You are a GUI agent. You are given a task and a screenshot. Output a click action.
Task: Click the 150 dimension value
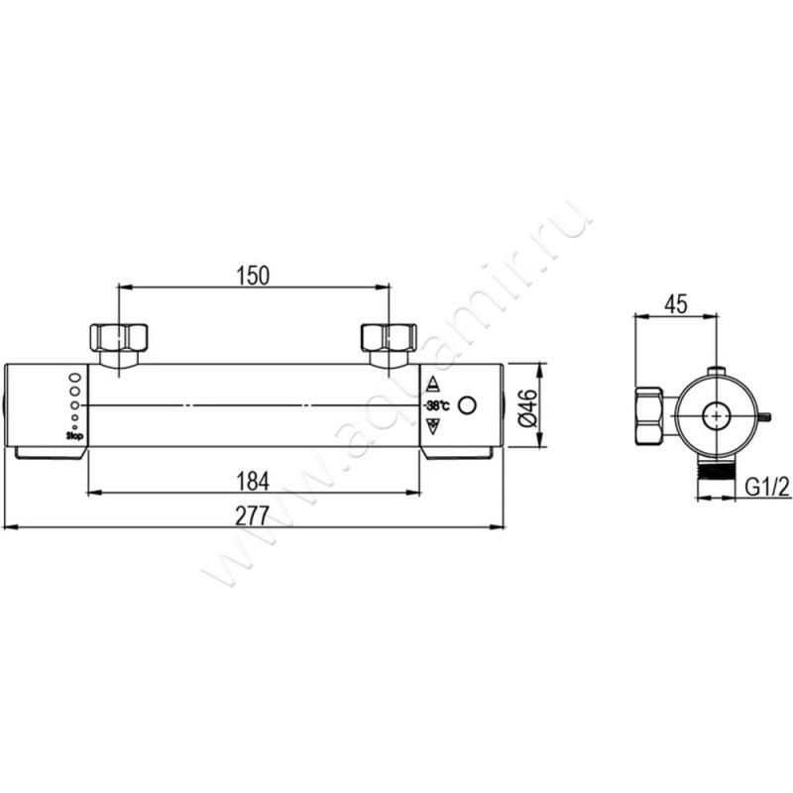click(x=254, y=276)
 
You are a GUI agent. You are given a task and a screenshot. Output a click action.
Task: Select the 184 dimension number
click(x=254, y=481)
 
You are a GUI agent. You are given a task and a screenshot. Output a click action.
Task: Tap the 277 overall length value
click(x=254, y=515)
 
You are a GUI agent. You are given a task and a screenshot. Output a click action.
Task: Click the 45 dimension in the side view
click(x=676, y=304)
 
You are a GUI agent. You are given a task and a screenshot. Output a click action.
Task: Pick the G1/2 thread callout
click(x=764, y=487)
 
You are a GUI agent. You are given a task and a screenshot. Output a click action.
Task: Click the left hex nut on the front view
click(x=119, y=338)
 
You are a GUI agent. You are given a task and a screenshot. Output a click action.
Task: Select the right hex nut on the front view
click(x=389, y=338)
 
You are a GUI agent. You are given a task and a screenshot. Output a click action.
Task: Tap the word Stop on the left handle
click(x=73, y=434)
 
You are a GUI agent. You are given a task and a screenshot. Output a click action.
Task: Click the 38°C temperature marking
click(x=436, y=406)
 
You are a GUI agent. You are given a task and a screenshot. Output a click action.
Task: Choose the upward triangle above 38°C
click(x=432, y=386)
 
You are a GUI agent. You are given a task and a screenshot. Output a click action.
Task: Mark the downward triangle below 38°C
click(x=432, y=426)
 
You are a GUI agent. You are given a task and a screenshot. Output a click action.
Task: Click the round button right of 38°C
click(x=470, y=405)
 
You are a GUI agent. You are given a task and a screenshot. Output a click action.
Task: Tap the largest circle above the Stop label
click(x=75, y=379)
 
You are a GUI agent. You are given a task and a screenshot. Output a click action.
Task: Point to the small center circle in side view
click(x=716, y=417)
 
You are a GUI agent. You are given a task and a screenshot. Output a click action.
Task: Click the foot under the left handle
click(x=49, y=453)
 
